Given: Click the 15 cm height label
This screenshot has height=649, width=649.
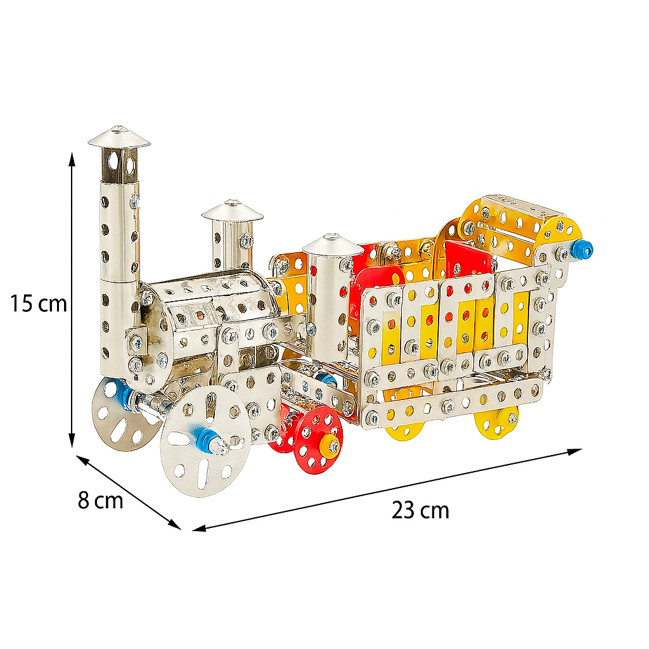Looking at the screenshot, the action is point(38,304).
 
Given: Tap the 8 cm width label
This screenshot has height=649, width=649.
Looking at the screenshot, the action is point(101,500).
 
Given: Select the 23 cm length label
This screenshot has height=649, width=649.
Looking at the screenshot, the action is point(420,510).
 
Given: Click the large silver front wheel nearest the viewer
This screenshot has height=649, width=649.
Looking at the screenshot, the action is point(205,441).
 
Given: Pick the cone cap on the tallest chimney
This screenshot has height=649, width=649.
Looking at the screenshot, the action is point(119,138).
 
